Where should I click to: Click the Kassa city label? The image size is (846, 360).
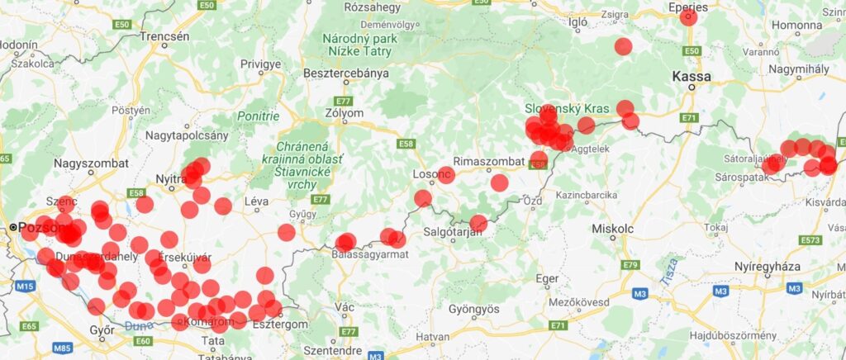pos(692,77)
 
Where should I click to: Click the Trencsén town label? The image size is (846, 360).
pos(164,36)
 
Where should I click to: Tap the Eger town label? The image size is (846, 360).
pos(548,278)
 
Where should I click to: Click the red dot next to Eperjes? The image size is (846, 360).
pos(688,17)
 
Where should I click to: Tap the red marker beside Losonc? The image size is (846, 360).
pos(446,175)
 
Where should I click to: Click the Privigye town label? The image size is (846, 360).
pos(261,64)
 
